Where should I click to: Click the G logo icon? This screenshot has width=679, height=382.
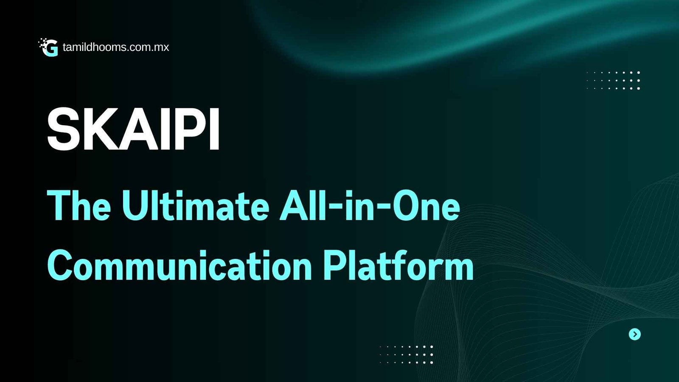point(48,47)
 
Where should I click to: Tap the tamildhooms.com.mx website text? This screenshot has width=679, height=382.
point(116,47)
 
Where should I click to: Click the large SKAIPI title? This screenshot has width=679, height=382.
point(133,129)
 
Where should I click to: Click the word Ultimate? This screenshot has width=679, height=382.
point(196,205)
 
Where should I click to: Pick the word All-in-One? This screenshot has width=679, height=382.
point(370,205)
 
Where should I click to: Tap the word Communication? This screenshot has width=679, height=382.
point(180,265)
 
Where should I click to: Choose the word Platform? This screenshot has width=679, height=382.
point(399,265)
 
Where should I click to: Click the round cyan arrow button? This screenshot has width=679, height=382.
point(635,334)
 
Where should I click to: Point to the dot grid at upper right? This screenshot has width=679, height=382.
point(613,80)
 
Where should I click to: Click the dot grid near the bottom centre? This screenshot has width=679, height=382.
point(407,354)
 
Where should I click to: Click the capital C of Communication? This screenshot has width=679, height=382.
point(59,266)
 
